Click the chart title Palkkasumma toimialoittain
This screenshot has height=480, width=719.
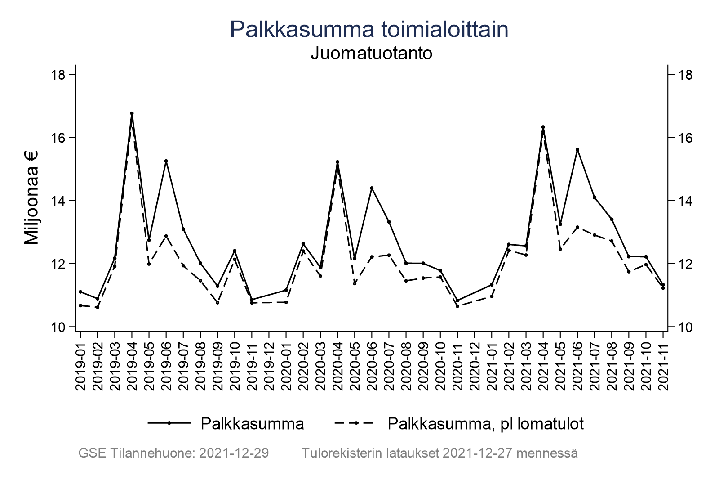(x=369, y=30)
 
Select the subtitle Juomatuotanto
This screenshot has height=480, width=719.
(x=371, y=54)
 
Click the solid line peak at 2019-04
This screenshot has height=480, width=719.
(x=132, y=113)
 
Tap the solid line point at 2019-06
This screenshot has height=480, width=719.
(x=166, y=161)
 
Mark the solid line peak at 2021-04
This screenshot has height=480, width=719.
(x=543, y=127)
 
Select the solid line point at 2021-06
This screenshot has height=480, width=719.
(x=577, y=149)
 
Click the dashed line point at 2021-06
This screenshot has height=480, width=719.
(x=577, y=227)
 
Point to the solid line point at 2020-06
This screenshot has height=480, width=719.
(x=372, y=188)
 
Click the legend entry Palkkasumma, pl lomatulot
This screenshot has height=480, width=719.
(x=485, y=424)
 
